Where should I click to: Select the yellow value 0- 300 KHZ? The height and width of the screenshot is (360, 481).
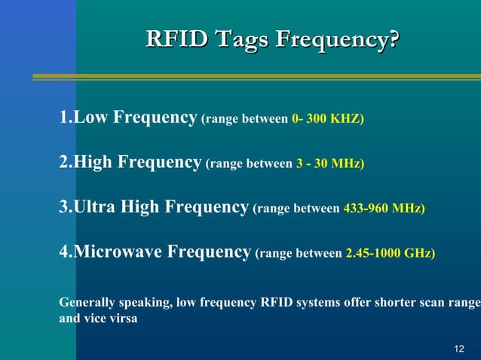(x=326, y=119)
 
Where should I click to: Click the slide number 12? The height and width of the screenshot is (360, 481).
(x=459, y=348)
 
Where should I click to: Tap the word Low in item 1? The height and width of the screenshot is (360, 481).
(x=91, y=117)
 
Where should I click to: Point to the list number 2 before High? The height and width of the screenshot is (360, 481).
(x=63, y=163)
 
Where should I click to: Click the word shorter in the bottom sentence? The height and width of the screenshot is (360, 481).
(x=381, y=303)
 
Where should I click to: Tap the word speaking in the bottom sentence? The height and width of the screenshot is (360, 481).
(x=144, y=303)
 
